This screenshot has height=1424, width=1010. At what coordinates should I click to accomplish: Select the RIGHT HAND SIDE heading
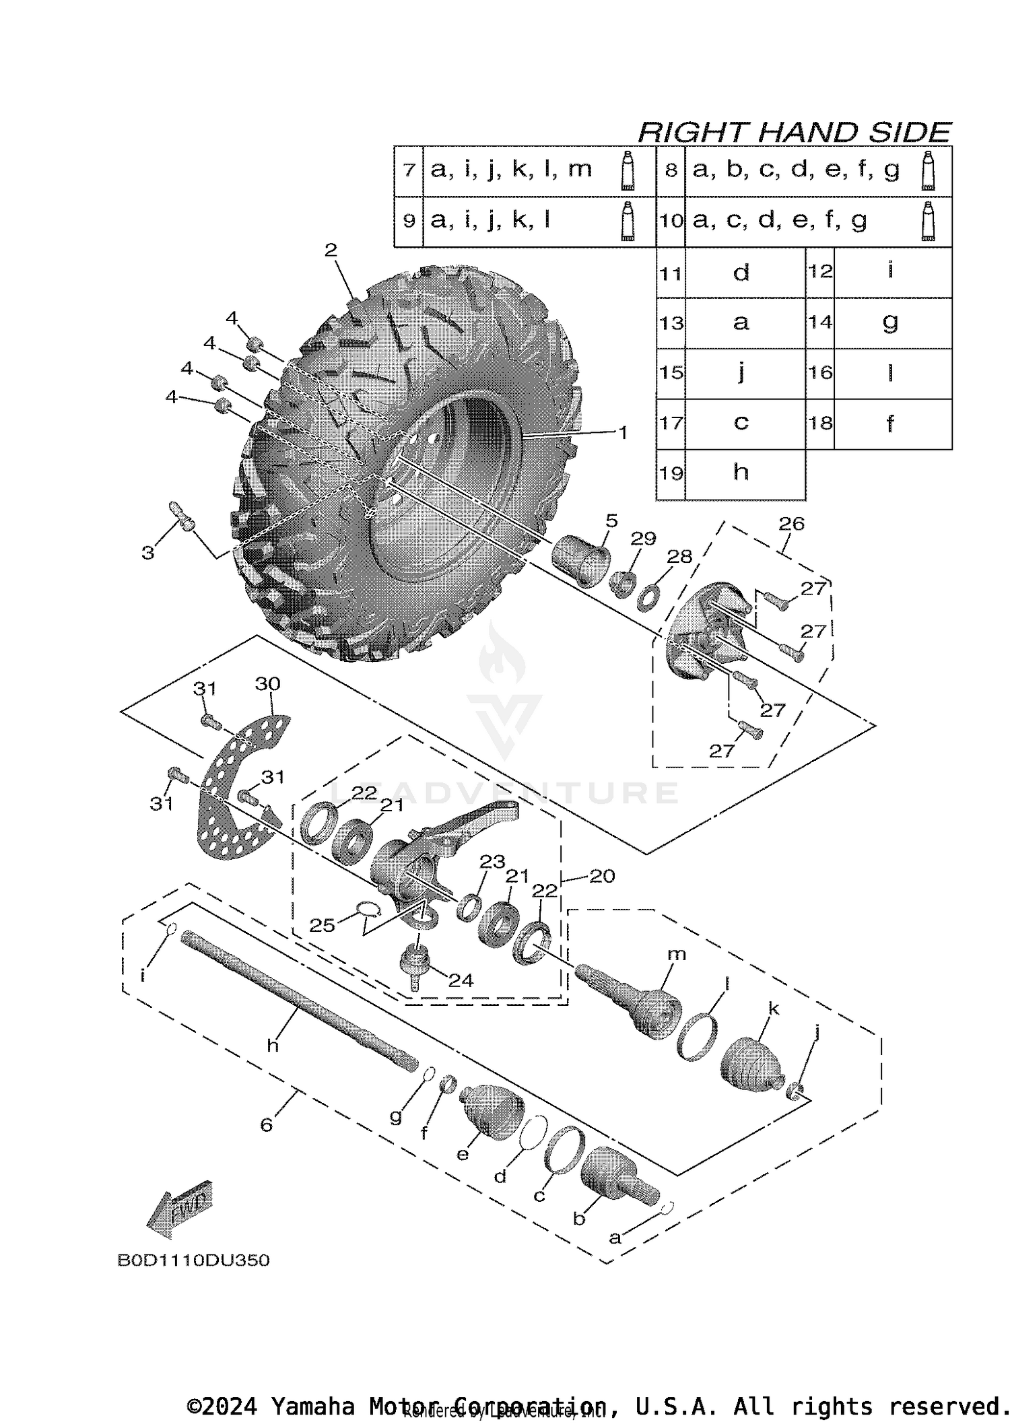coord(795,132)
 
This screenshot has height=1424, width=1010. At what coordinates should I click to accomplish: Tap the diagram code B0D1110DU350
coord(193,1260)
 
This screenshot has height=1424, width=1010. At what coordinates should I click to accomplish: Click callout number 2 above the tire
coord(330,250)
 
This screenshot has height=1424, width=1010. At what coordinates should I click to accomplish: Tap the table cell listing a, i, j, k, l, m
coord(512,170)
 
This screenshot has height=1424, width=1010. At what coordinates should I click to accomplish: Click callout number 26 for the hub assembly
coord(791,523)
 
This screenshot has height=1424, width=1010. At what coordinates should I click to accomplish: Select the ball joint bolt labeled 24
coord(412,965)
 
